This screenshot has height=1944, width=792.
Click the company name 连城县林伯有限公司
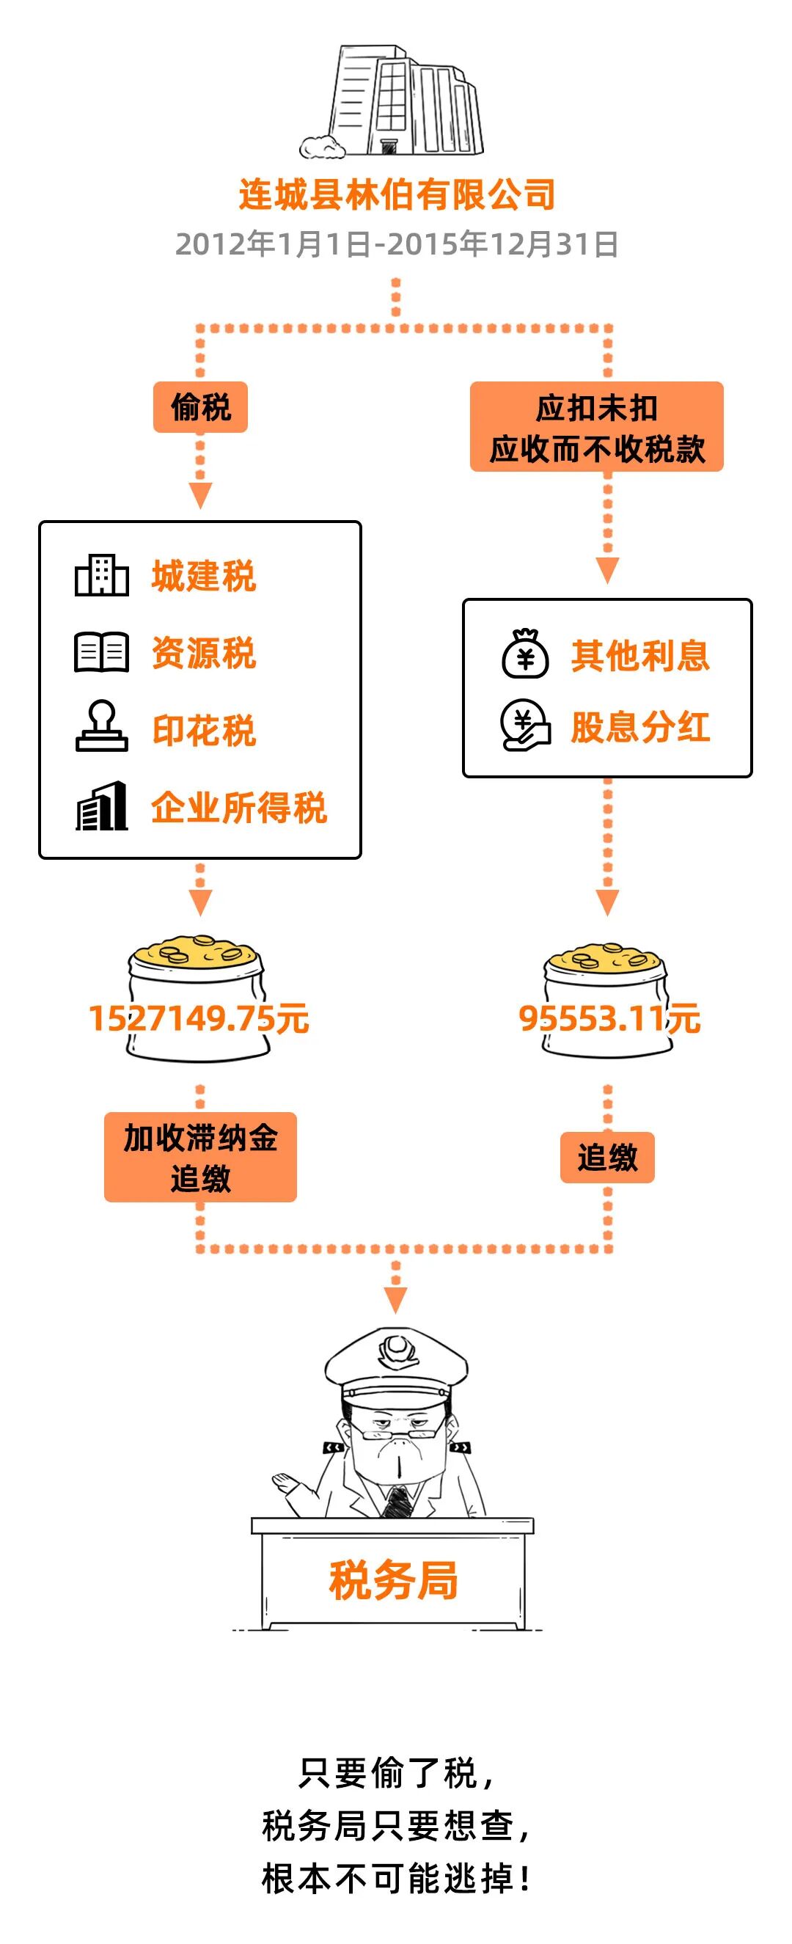click(x=397, y=194)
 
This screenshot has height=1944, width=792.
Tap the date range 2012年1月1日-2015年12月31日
click(x=397, y=244)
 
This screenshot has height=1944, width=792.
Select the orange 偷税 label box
click(x=200, y=408)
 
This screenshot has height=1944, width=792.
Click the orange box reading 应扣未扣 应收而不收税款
click(x=596, y=427)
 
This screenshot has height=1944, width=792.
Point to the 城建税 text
click(x=204, y=577)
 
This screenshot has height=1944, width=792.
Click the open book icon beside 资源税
click(x=101, y=652)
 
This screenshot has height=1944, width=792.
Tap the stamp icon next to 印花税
click(x=101, y=727)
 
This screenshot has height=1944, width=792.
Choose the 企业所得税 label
click(x=238, y=808)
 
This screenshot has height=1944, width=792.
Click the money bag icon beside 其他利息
click(x=526, y=654)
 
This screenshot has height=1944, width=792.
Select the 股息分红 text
click(x=639, y=728)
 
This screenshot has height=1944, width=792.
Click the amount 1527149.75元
click(x=199, y=1018)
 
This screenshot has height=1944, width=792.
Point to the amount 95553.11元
click(x=609, y=1018)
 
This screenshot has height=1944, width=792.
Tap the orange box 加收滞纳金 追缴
click(x=200, y=1157)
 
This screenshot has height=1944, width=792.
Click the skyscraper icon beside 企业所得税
click(x=101, y=807)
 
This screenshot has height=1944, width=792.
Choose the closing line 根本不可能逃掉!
click(x=397, y=1879)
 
